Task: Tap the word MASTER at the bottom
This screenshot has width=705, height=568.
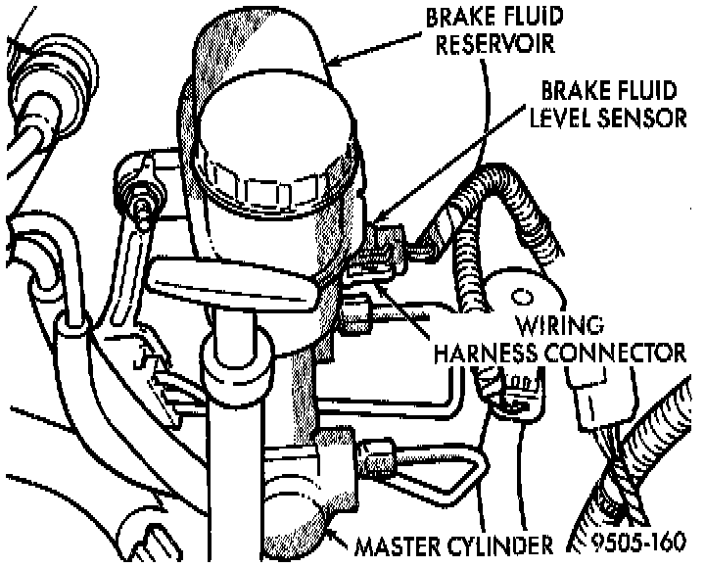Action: coord(397,544)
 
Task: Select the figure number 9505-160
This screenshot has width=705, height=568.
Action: coord(641,544)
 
